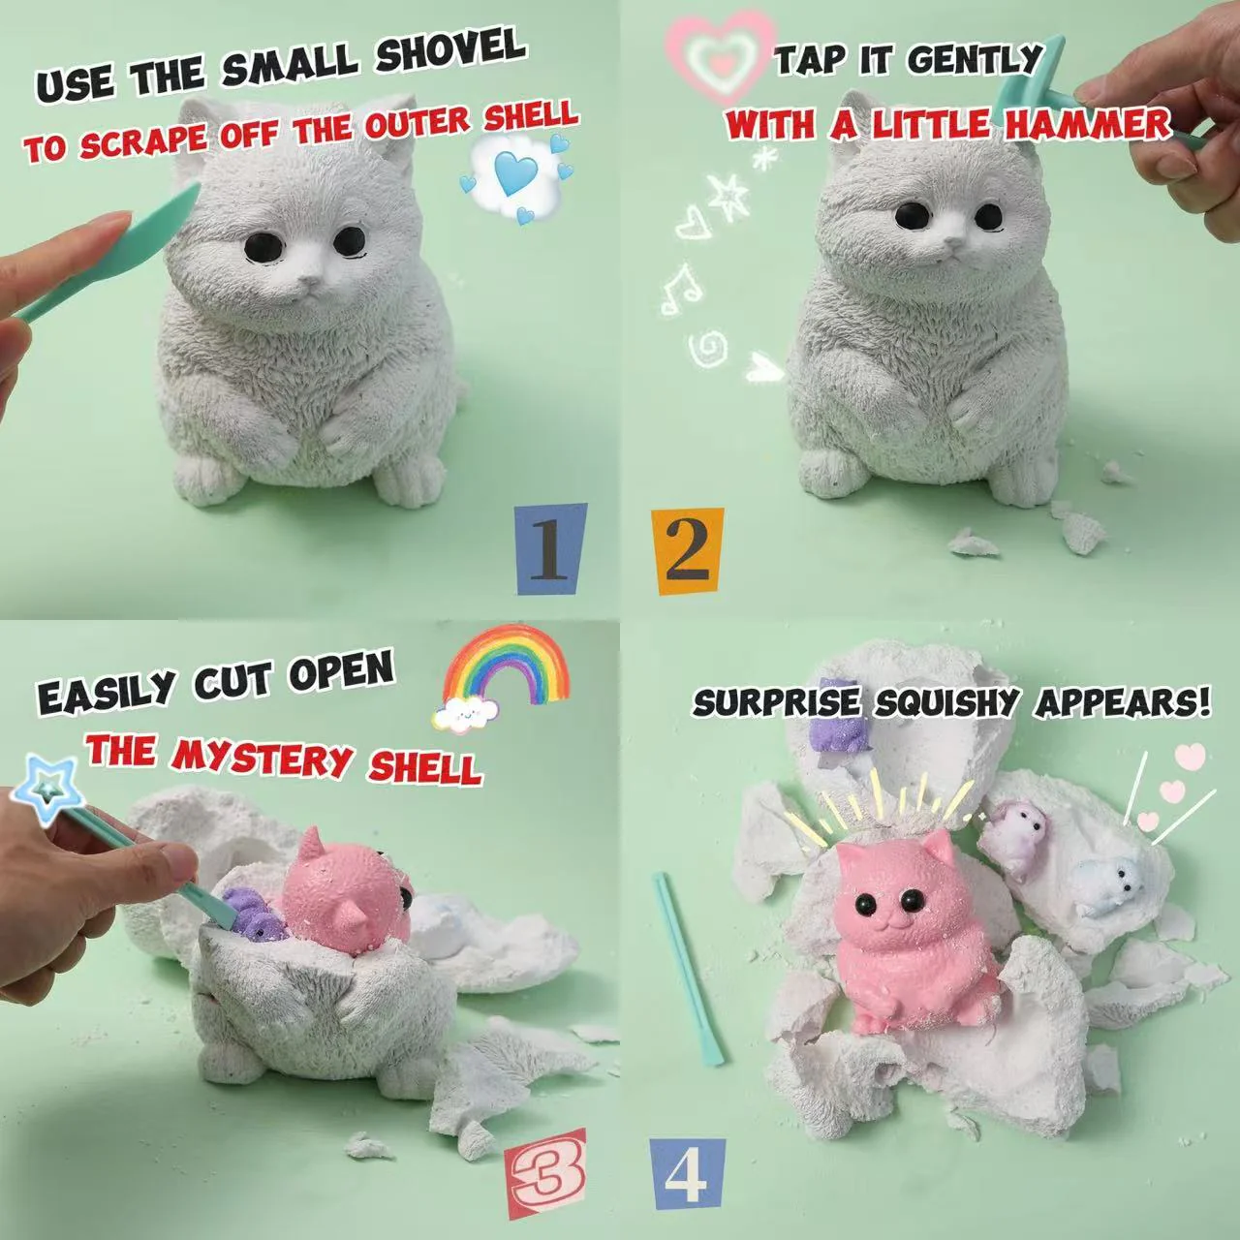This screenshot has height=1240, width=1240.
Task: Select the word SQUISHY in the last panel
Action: pos(944,701)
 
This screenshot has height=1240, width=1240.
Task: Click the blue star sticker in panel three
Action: pos(43,789)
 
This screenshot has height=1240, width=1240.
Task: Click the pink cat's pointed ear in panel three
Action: pos(316,843)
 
